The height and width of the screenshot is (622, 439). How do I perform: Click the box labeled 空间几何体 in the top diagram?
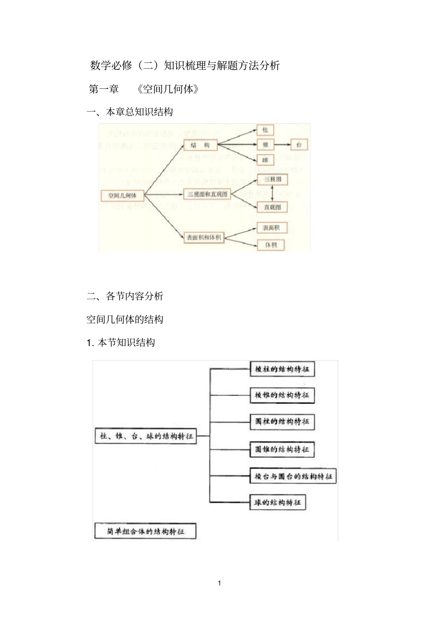(x=122, y=195)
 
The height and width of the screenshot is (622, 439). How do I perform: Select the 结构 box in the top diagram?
(x=201, y=145)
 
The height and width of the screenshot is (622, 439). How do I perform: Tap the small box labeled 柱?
(x=265, y=130)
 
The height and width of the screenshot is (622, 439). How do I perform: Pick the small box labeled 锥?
(x=265, y=145)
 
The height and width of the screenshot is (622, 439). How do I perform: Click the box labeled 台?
(x=299, y=145)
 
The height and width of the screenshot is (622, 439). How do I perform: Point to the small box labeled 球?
(x=265, y=160)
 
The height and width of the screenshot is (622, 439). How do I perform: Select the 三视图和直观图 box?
(x=207, y=194)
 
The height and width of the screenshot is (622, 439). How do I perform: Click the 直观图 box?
(x=272, y=207)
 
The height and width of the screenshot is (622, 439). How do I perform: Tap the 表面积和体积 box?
(x=204, y=237)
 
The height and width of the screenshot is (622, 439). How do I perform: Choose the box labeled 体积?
(x=271, y=245)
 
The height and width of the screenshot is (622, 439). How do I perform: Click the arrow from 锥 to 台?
(x=282, y=145)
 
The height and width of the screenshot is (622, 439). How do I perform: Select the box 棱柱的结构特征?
(x=282, y=370)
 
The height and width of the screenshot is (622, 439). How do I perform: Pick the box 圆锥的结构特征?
(x=282, y=449)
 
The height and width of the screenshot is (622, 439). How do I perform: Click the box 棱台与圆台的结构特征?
(x=293, y=476)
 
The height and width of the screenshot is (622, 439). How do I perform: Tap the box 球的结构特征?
(x=278, y=503)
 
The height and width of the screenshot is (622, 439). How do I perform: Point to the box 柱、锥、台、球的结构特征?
(x=146, y=436)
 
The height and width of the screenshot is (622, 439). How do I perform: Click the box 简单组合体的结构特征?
(x=145, y=531)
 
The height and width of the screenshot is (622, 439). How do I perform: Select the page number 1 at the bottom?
(x=219, y=583)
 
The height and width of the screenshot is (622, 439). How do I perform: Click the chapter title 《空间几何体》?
(x=168, y=89)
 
